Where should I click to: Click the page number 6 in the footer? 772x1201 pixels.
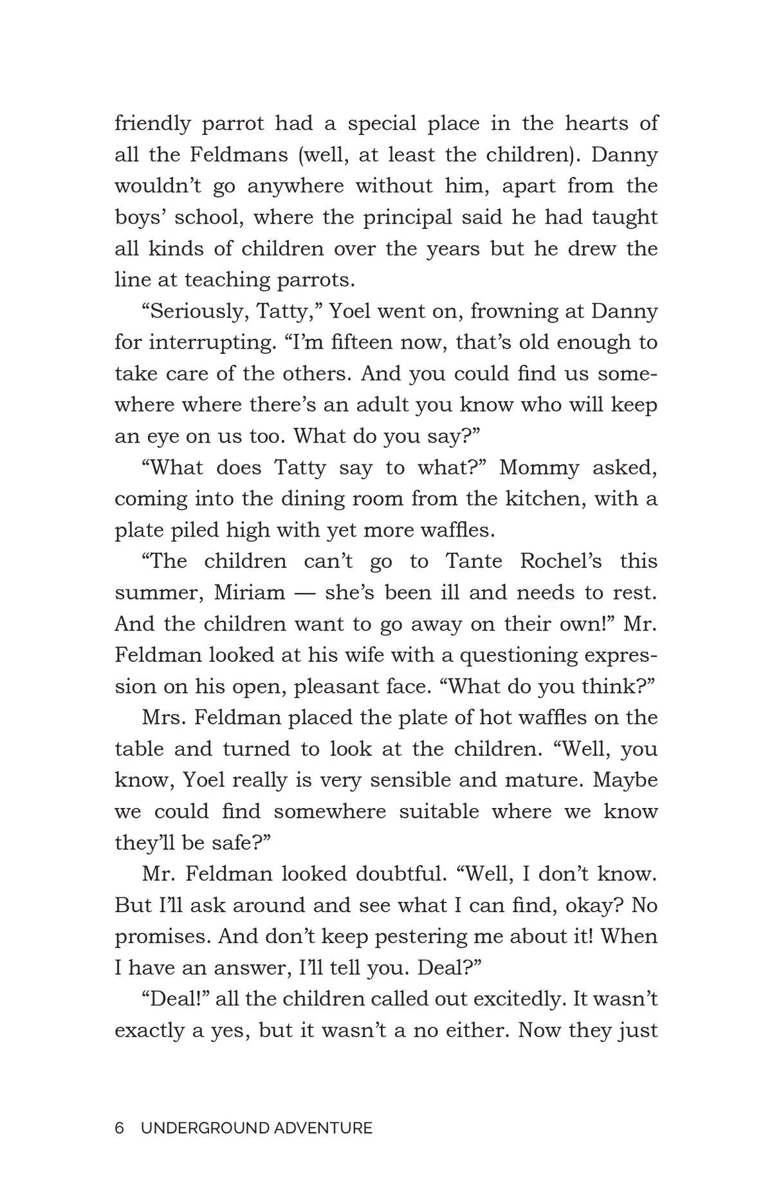point(119,1128)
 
